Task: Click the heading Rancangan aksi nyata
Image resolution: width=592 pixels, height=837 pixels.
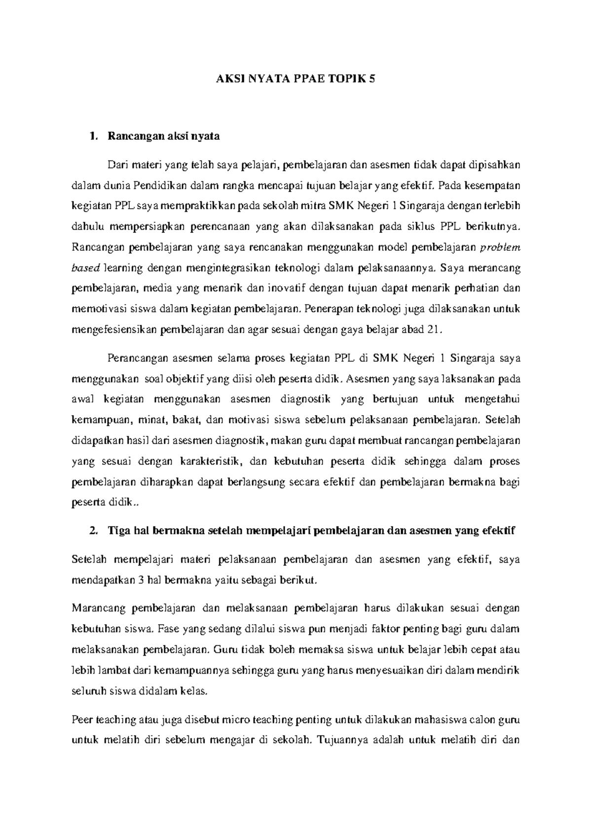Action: pyautogui.click(x=163, y=137)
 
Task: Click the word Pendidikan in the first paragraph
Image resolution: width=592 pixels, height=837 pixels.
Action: pyautogui.click(x=158, y=185)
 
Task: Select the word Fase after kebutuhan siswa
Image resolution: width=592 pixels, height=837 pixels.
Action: pyautogui.click(x=168, y=629)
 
